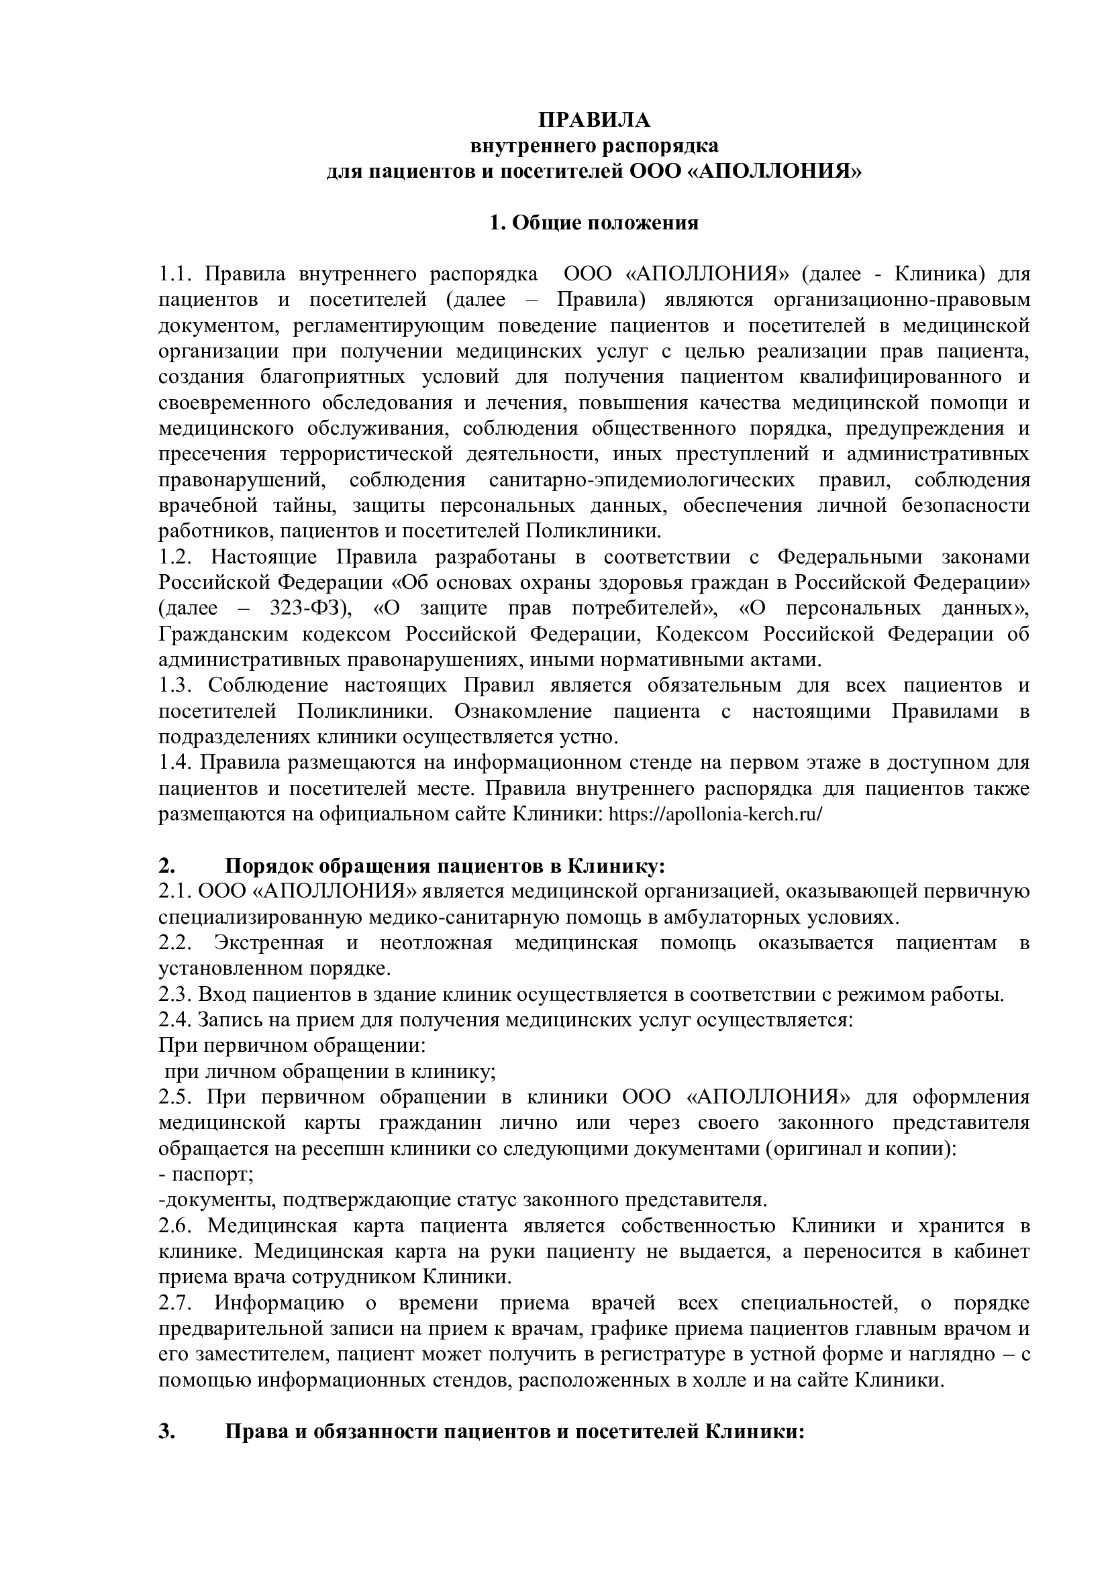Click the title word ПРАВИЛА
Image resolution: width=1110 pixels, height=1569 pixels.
pyautogui.click(x=594, y=120)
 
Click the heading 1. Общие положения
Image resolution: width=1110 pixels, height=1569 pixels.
pyautogui.click(x=594, y=223)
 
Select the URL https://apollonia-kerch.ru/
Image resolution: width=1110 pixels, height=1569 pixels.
pyautogui.click(x=715, y=814)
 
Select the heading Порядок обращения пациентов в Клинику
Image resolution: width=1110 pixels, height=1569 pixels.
pyautogui.click(x=444, y=866)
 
